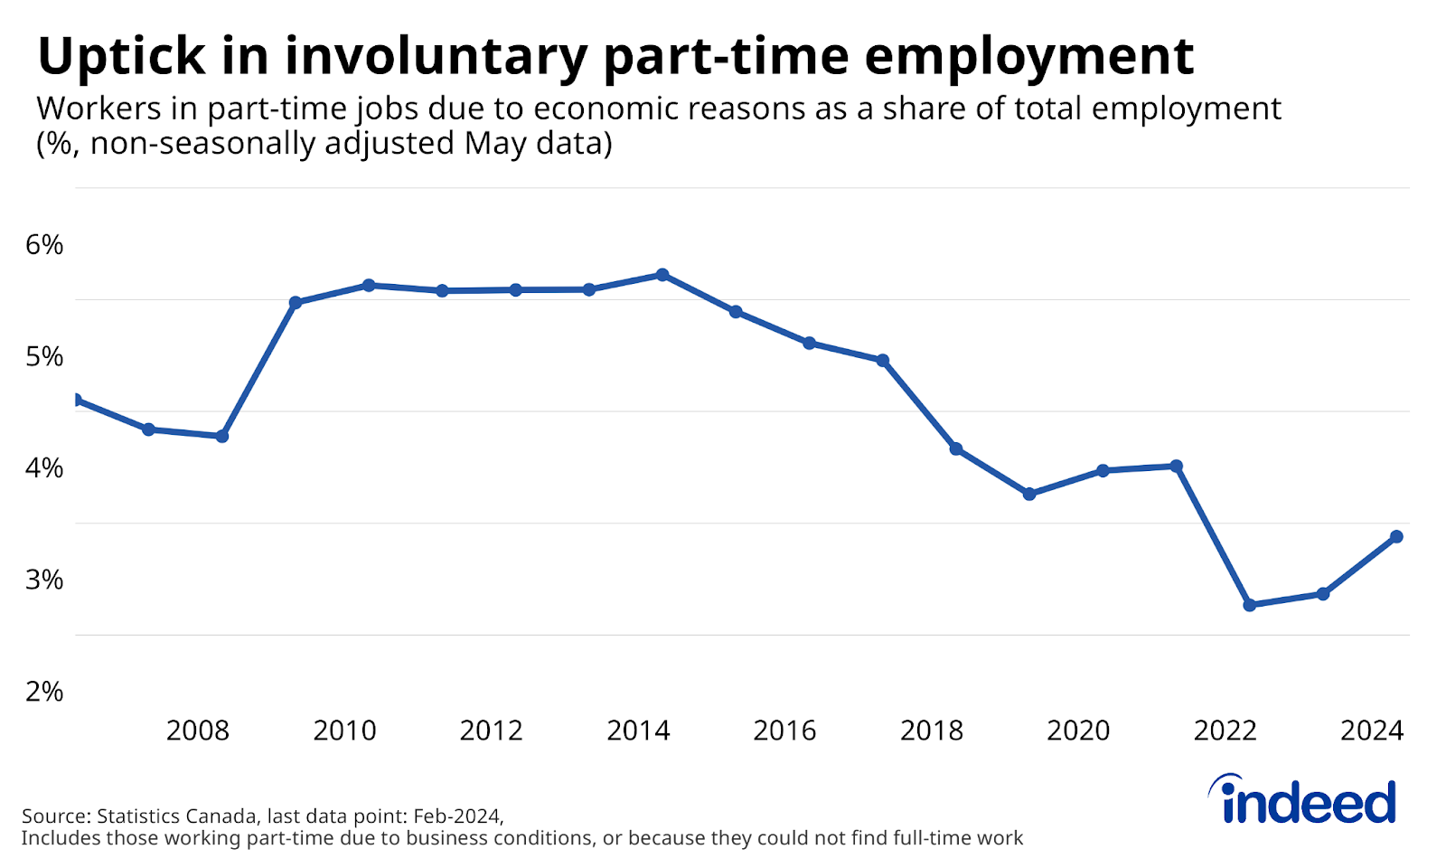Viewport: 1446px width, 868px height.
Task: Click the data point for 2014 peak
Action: [x=662, y=275]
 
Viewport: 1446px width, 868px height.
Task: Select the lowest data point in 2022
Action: [x=1250, y=605]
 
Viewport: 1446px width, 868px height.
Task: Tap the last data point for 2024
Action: [x=1396, y=536]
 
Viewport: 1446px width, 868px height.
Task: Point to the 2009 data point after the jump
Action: [x=296, y=302]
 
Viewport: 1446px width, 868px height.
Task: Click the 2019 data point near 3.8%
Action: [x=1029, y=494]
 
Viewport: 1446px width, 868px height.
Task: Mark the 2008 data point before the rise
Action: [x=222, y=436]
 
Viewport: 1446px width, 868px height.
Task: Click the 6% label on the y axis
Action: [x=44, y=245]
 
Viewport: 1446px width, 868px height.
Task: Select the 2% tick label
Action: [x=44, y=692]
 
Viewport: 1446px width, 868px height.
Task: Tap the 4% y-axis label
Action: [x=44, y=468]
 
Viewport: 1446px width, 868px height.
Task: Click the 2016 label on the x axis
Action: [x=784, y=731]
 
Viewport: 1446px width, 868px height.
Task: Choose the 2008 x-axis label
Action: [x=198, y=731]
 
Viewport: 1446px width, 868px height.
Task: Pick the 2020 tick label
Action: [x=1078, y=731]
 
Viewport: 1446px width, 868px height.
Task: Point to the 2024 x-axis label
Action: [x=1371, y=731]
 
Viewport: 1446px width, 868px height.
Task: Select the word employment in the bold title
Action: [x=1029, y=56]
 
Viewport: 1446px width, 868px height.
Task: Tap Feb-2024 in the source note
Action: [x=456, y=816]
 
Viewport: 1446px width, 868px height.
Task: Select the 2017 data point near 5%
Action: [x=883, y=360]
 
